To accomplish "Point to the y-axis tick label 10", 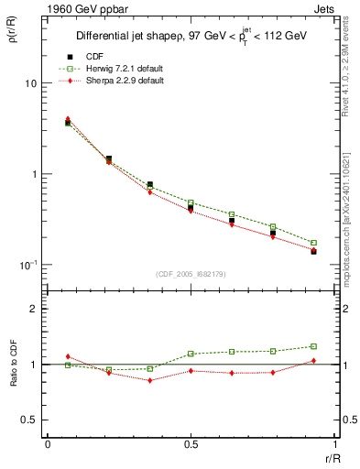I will point(30,83).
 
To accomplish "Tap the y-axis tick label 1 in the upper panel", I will point(33,174).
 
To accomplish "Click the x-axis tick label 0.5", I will point(191,444).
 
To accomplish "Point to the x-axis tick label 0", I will point(48,444).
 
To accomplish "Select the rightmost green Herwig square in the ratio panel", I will point(313,346).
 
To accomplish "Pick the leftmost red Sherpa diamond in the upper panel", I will point(68,119).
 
